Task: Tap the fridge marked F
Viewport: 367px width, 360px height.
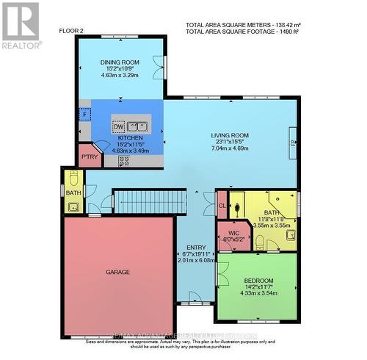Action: [x=85, y=115]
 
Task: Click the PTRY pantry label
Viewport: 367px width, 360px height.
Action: [x=90, y=156]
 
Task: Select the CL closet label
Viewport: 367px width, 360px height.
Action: [x=222, y=206]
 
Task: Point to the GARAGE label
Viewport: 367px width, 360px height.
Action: [x=117, y=272]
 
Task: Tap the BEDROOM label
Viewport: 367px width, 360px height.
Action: [x=258, y=281]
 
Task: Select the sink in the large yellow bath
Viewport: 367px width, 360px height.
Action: [x=291, y=236]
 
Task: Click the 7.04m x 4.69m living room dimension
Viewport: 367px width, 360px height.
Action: [x=230, y=146]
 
